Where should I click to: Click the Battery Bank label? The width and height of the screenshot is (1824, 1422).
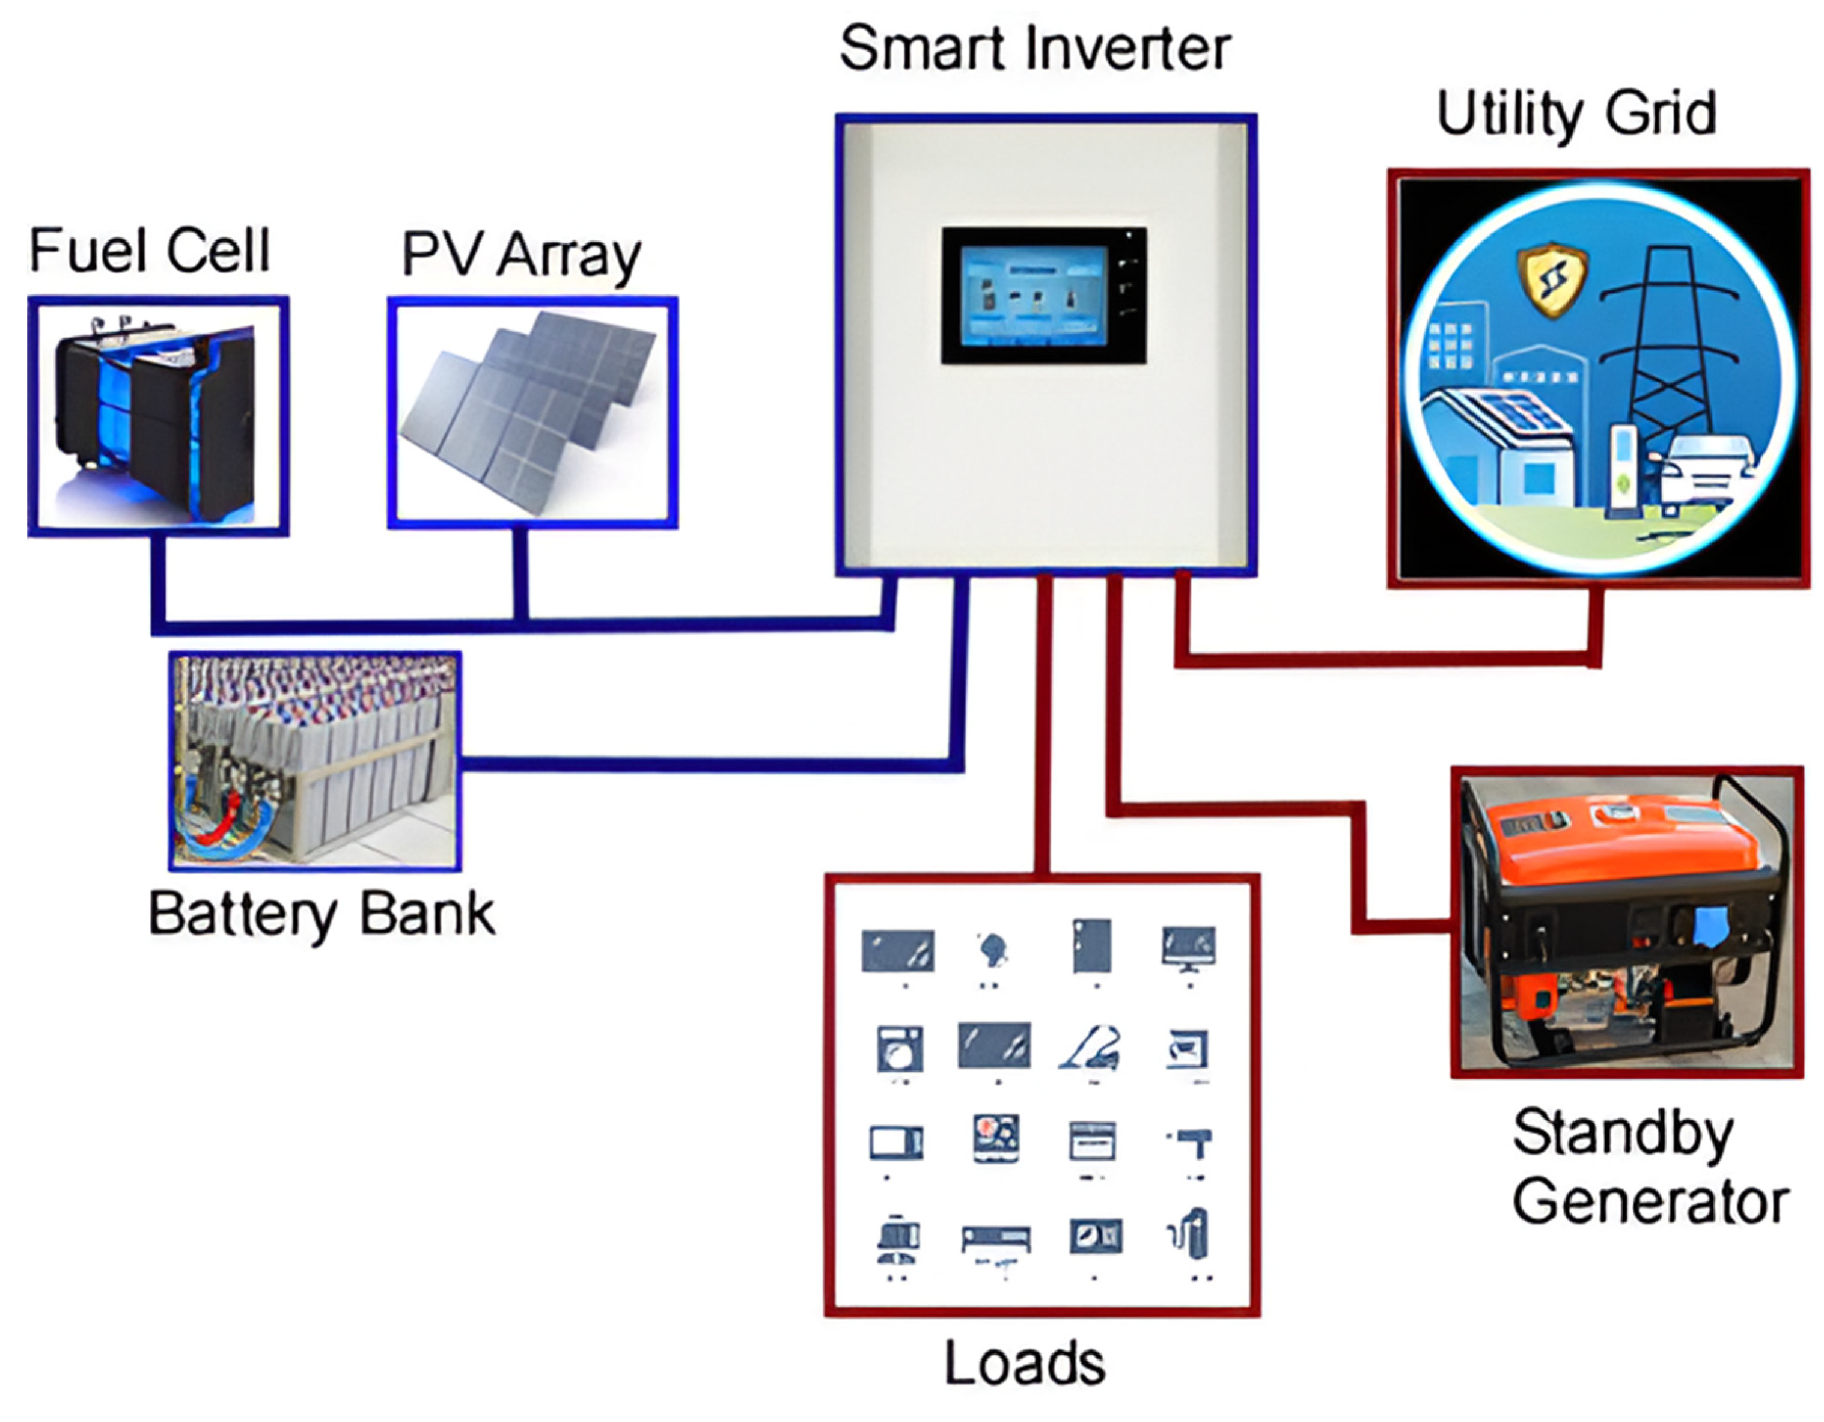point(322,914)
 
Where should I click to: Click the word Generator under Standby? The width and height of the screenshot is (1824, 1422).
point(1650,1203)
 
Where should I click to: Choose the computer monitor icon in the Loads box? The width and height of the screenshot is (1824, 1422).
point(1188,948)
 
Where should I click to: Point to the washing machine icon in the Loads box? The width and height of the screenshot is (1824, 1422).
point(900,1049)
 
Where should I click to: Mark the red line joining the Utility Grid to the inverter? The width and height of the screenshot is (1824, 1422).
point(1386,660)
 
